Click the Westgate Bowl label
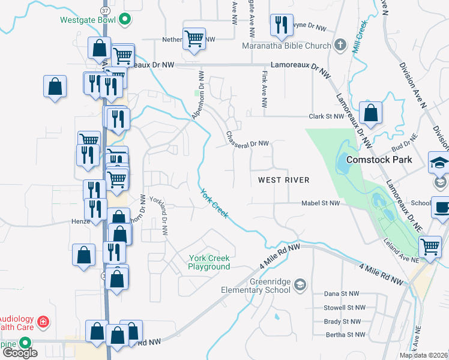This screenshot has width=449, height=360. coord(88,19)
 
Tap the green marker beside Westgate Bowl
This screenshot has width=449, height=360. coord(125,19)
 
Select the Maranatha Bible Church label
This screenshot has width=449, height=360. coord(286,46)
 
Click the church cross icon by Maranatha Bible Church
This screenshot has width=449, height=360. coord(340,45)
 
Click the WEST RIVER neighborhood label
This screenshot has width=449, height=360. coord(283,180)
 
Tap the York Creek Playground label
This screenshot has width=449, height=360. coord(209,262)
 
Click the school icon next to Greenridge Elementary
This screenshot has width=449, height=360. coord(301,283)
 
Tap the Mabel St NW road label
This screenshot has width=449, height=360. coord(321,203)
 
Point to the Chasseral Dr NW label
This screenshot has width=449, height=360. coord(247,139)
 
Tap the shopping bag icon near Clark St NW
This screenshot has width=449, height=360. coord(371,113)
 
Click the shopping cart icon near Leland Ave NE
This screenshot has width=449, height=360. coord(430,247)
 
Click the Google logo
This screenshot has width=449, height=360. coord(19,353)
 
